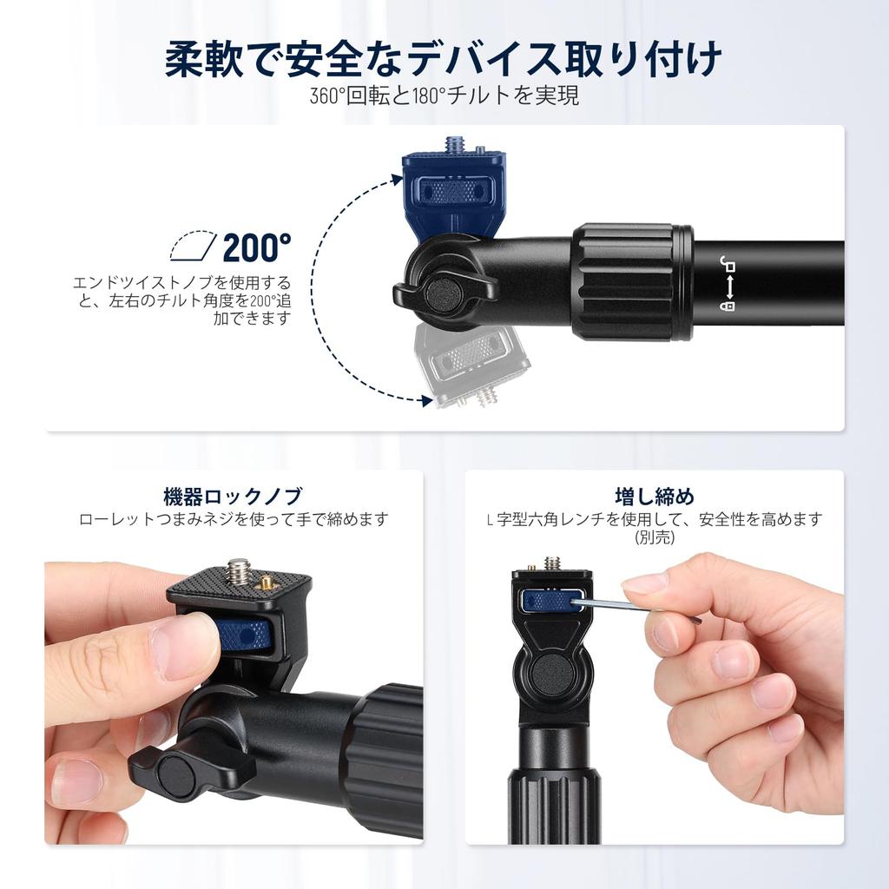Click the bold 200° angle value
[257, 248]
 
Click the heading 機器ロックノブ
[233, 497]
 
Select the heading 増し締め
[654, 497]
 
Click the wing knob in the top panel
[444, 293]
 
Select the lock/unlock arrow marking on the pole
[728, 283]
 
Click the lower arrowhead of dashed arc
[425, 400]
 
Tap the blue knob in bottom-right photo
[550, 600]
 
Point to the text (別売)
[654, 537]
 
